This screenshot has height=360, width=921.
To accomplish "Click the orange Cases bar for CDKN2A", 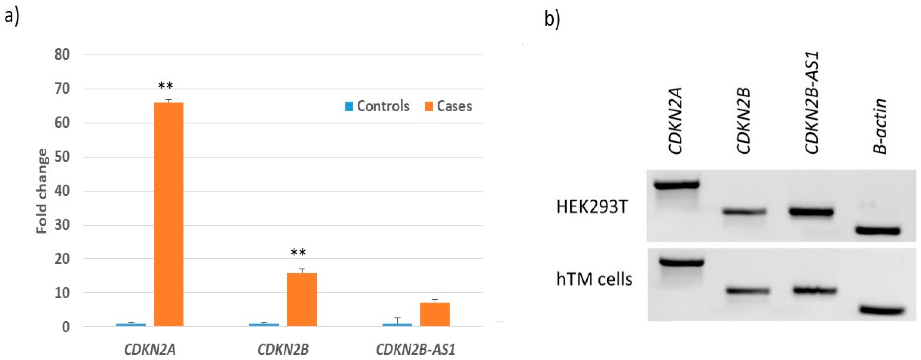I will [x=169, y=215].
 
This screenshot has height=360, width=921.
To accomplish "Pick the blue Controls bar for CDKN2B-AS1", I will [x=397, y=325].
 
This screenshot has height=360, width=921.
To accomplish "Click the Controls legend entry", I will [x=377, y=106].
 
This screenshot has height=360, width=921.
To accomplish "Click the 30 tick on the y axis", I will [x=62, y=225].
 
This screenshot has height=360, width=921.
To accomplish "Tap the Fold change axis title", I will [x=42, y=191].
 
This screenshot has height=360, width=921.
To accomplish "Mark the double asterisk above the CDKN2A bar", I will [x=165, y=86].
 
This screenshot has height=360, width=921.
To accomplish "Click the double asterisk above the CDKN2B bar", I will [x=298, y=253].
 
